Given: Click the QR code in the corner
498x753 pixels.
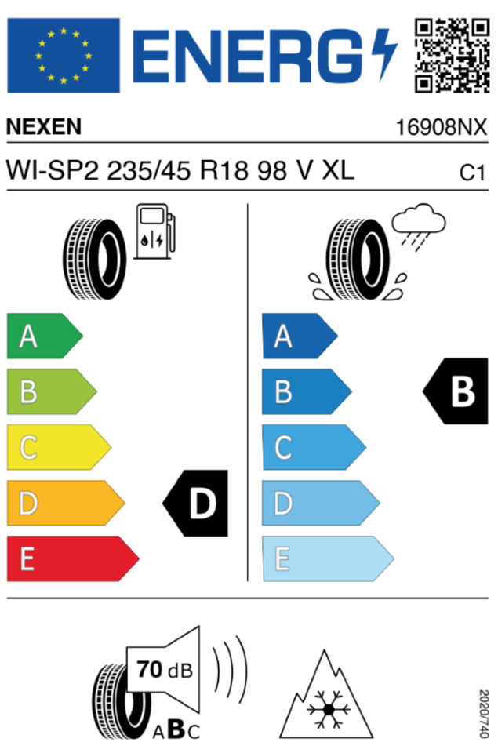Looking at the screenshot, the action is pos(452,55).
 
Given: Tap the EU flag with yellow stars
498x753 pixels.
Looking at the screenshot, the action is pos(64,55).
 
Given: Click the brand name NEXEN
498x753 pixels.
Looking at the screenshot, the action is pos(44,127).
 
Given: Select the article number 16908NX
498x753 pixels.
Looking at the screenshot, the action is pos(441,127).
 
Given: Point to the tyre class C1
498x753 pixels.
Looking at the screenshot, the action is pos(472,173).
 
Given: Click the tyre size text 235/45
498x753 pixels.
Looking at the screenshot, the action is pos(148,170).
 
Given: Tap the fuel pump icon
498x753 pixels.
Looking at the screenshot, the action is pos(154,231).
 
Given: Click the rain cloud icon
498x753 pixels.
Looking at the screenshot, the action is pos(418,226).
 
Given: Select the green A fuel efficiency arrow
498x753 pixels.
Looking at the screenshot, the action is pos(45,336).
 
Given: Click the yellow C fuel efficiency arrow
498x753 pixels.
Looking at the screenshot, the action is pos(59,447).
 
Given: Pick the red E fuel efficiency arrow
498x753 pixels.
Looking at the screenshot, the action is pos(72,558).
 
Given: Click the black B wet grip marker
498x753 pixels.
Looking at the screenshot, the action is pos(456,391).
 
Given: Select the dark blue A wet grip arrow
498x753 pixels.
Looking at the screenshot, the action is pos(300,336).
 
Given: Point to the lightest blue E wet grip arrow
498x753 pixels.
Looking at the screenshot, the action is pos(328,558).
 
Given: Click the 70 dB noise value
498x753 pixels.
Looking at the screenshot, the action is pos(164,669).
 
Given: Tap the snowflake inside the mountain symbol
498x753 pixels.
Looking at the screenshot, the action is pos(329,709).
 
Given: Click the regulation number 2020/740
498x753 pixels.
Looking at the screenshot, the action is pos(484,714).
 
